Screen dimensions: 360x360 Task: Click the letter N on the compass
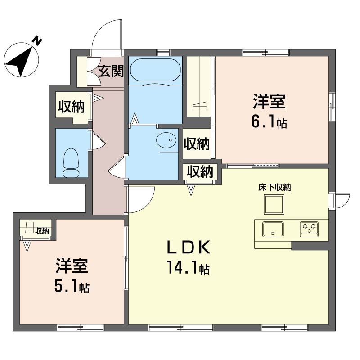37,41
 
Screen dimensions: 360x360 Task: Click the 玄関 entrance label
111,72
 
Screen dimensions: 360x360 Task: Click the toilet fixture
71,163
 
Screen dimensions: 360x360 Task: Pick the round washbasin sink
166,140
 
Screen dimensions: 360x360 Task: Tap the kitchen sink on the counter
273,229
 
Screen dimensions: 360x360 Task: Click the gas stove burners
309,229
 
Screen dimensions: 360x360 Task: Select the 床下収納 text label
274,188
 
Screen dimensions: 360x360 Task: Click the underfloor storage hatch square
274,204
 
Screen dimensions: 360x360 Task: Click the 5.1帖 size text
72,286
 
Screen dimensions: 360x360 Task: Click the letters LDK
189,247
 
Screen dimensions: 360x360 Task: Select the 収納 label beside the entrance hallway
72,107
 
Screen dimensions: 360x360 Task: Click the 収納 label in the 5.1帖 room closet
42,231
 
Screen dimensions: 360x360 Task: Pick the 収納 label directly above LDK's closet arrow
200,171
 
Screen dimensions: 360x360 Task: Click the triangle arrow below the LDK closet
191,190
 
